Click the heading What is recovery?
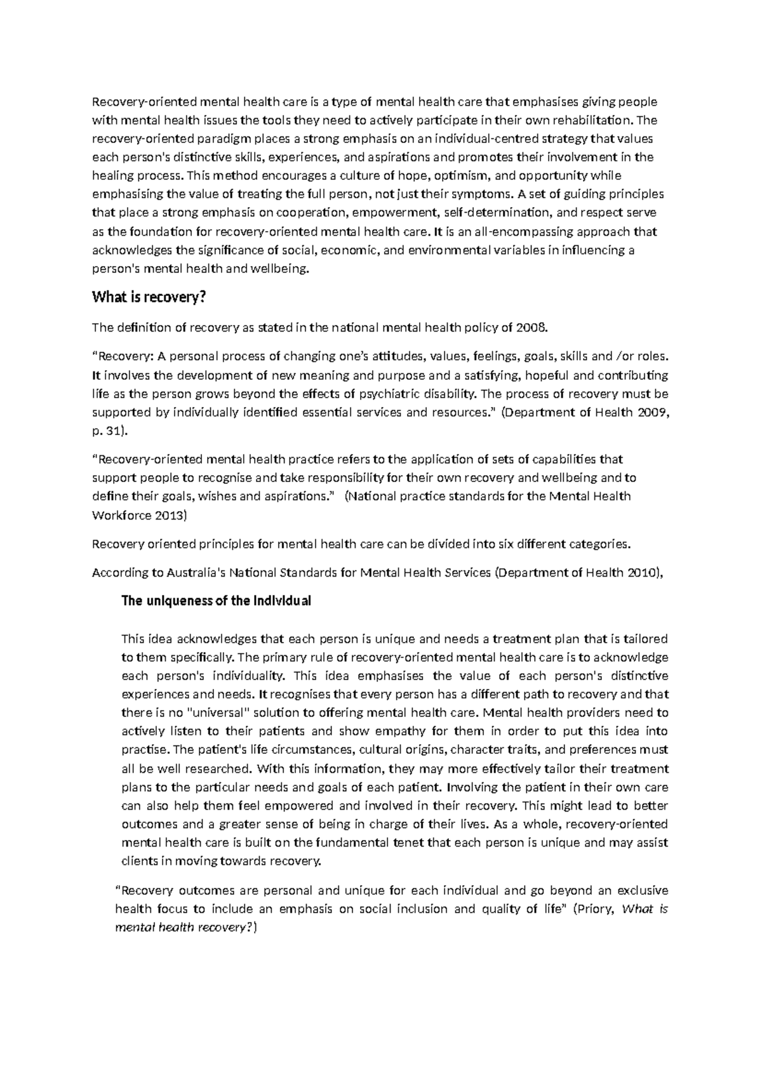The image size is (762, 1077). pyautogui.click(x=150, y=297)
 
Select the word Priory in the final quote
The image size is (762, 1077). pyautogui.click(x=596, y=909)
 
